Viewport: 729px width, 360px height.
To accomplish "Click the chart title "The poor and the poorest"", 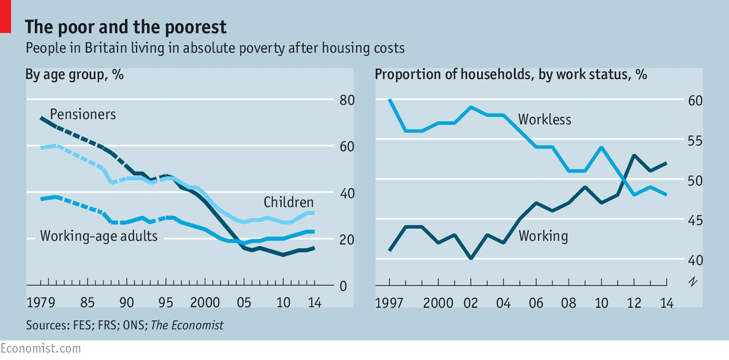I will click(x=126, y=27).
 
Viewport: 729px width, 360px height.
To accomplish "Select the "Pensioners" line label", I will click(x=83, y=114).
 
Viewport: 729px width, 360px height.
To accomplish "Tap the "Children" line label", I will click(x=289, y=202).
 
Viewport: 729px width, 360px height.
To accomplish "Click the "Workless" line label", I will click(x=545, y=119).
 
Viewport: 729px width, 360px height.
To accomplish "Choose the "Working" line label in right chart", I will click(x=543, y=236).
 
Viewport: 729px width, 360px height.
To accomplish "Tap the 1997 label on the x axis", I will click(x=390, y=302).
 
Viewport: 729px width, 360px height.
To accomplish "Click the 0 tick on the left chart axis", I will click(x=343, y=286).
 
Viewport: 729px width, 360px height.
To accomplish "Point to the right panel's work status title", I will click(x=511, y=75).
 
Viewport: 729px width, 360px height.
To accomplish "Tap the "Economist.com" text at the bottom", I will click(x=40, y=348).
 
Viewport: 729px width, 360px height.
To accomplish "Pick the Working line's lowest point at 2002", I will click(x=470, y=258).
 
